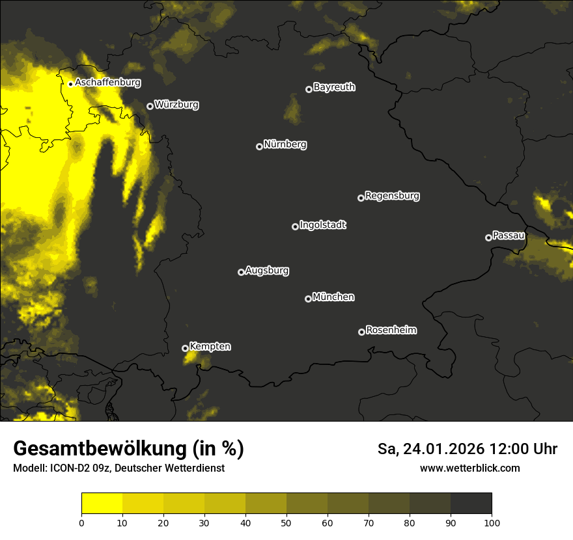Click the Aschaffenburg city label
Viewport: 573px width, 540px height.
107,83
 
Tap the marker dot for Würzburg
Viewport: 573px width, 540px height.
150,106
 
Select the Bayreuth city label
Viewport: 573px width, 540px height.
334,87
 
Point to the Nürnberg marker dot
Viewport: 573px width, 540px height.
259,146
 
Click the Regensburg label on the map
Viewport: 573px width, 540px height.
392,195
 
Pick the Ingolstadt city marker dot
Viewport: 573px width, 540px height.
295,226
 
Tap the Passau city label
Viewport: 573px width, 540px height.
509,235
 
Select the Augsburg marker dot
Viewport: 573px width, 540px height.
241,272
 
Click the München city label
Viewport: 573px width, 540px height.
333,297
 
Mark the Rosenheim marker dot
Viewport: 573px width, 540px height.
361,332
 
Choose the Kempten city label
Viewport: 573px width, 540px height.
210,346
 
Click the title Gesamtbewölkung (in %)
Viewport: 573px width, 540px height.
128,449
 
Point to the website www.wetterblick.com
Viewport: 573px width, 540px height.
469,468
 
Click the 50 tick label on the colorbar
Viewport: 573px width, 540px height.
286,522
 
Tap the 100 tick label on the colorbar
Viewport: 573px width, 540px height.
492,522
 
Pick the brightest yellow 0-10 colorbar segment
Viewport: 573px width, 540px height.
102,504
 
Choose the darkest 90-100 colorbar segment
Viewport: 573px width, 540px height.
471,504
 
